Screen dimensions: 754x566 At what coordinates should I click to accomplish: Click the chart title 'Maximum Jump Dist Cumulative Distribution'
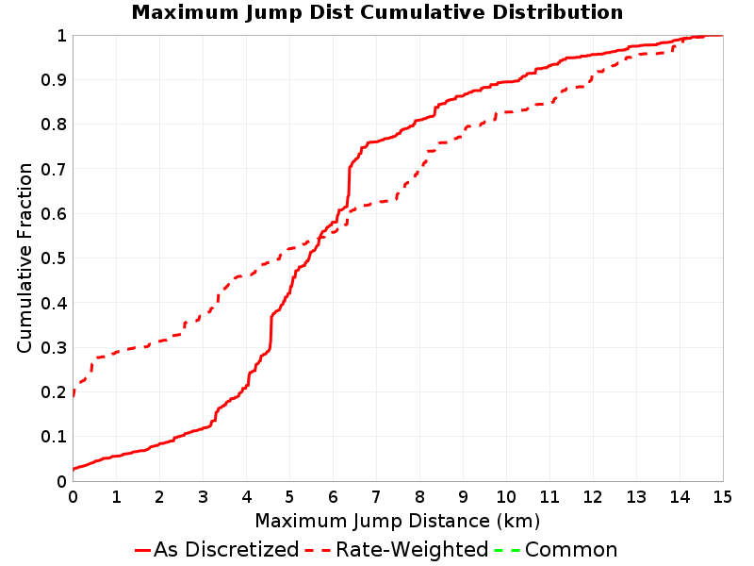(377, 12)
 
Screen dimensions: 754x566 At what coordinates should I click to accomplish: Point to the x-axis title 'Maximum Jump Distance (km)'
(398, 522)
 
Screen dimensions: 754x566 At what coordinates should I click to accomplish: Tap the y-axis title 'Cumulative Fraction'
(25, 258)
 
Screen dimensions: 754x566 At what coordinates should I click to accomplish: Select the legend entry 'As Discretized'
(226, 550)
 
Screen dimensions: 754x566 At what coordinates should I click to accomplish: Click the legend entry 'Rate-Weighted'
(412, 550)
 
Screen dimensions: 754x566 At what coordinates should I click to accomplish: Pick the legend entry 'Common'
(571, 550)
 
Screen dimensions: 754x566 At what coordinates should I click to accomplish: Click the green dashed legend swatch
(508, 551)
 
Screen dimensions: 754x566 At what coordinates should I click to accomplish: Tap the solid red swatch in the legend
(143, 551)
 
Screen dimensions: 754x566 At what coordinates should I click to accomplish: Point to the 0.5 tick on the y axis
(54, 258)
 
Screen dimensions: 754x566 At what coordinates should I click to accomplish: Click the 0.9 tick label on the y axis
(54, 80)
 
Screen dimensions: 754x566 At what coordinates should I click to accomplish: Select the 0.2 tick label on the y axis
(54, 392)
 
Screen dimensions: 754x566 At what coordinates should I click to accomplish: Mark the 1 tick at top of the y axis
(61, 36)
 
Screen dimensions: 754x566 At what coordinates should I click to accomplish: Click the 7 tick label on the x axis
(376, 497)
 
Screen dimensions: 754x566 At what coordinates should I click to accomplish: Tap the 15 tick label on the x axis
(723, 497)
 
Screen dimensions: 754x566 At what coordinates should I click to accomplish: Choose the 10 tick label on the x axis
(506, 497)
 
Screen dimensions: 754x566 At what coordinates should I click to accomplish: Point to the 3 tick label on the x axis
(203, 497)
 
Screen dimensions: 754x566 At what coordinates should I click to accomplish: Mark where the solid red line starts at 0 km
(74, 469)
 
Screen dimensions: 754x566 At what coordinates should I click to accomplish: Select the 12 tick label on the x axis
(593, 497)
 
